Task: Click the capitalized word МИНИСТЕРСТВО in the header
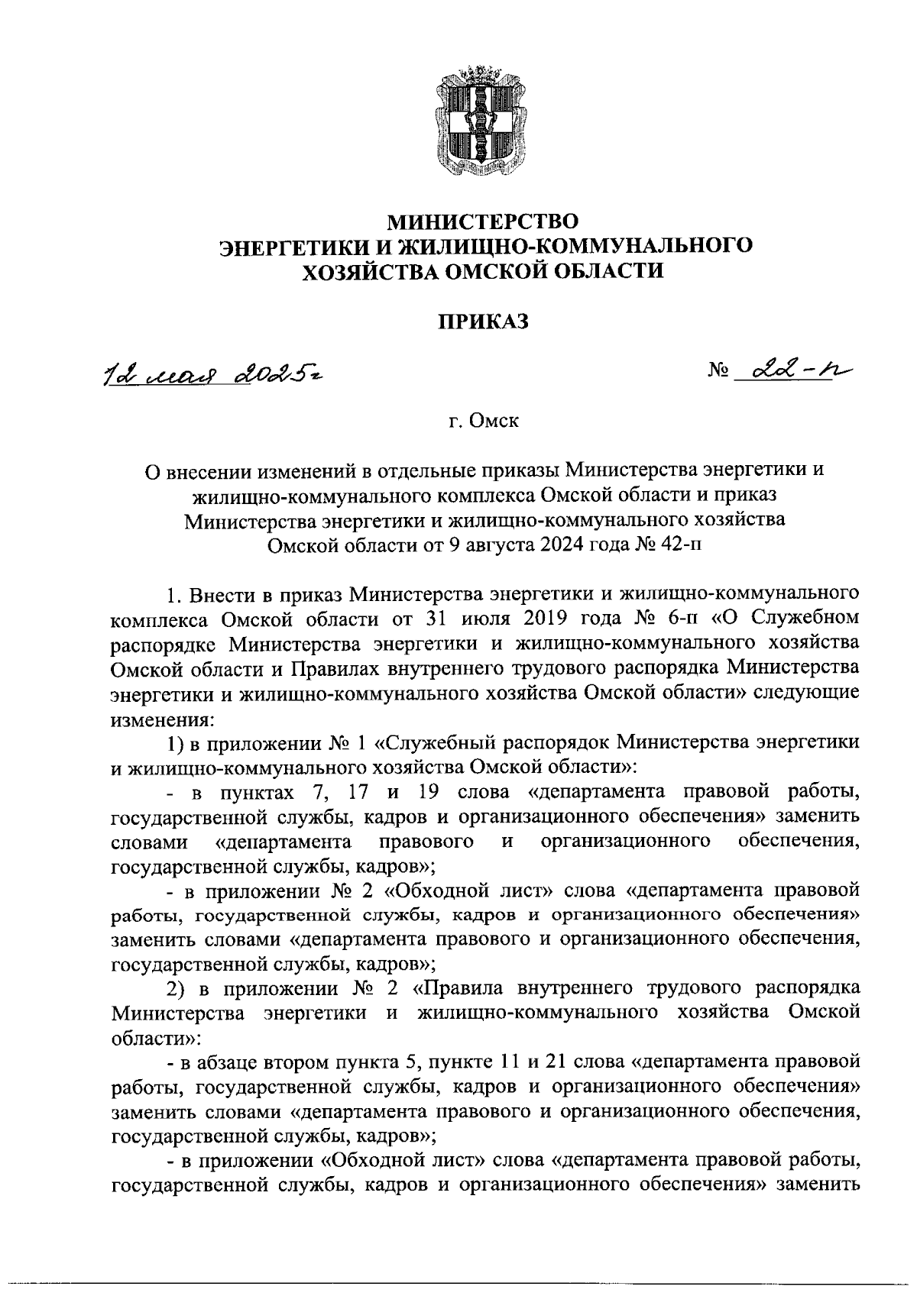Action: coord(483,221)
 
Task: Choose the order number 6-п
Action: coord(673,618)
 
